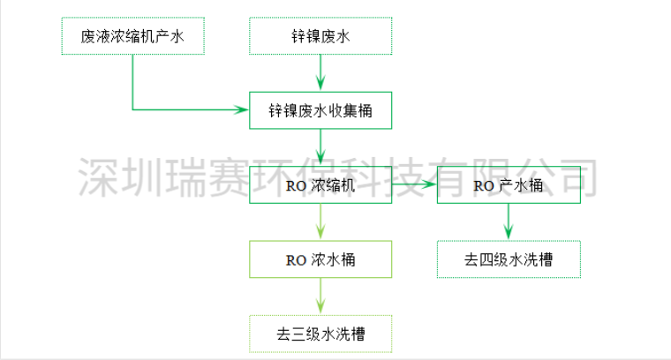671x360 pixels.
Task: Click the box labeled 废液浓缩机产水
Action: [132, 36]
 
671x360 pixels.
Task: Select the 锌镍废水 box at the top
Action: [320, 36]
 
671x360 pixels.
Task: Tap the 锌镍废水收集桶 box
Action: [320, 111]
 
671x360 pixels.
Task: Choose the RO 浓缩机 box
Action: [320, 185]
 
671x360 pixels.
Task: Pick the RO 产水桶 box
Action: [509, 185]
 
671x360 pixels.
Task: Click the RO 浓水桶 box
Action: [320, 259]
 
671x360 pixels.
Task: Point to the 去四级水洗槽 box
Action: [509, 259]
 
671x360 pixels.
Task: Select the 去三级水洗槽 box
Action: [320, 334]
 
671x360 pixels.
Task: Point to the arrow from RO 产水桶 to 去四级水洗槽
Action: [509, 222]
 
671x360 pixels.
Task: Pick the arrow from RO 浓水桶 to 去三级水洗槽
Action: [320, 296]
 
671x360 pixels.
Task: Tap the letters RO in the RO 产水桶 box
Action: [483, 185]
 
